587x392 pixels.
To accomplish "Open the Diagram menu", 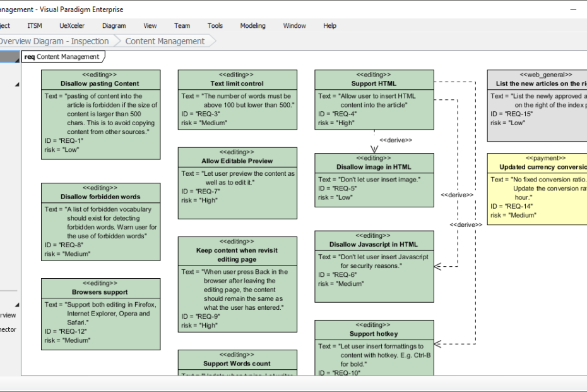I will (114, 26).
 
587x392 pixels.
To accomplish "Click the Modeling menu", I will (252, 26).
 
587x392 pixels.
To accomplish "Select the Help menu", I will (329, 26).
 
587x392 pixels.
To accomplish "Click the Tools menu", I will (215, 26).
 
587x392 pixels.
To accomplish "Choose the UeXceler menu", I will (72, 26).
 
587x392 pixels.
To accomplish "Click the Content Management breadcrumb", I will (165, 41).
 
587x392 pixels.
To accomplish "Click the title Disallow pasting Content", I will (100, 83).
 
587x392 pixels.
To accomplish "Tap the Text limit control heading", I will (237, 83).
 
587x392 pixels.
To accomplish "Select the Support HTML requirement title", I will (374, 83).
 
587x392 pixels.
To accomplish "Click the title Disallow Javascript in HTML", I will (374, 244).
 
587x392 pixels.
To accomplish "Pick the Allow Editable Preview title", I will (237, 161).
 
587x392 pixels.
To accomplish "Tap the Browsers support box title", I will (100, 292).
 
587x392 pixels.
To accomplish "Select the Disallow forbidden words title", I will (100, 197).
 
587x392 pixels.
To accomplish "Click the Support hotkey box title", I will (374, 334).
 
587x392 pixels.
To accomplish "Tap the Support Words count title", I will (237, 364).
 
